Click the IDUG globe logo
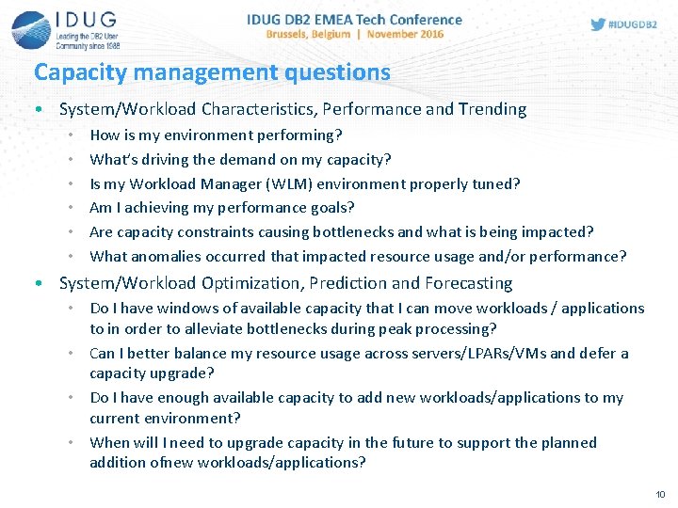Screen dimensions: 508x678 coord(31,28)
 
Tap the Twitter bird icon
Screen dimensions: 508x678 coord(598,24)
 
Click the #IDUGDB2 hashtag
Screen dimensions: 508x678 coord(633,24)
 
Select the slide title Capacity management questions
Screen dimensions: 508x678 coord(212,71)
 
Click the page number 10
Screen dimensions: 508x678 coord(659,494)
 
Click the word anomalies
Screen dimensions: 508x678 coord(163,256)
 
